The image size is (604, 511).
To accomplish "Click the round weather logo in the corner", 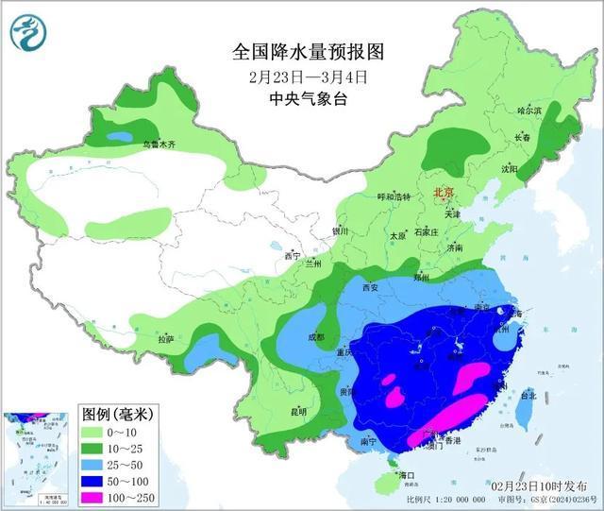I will click(29, 33).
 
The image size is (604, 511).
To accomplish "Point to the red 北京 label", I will click(443, 193).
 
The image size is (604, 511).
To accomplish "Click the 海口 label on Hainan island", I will click(408, 474).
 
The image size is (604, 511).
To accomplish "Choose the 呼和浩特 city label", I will click(394, 196).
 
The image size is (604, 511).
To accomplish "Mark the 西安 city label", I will click(368, 287).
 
